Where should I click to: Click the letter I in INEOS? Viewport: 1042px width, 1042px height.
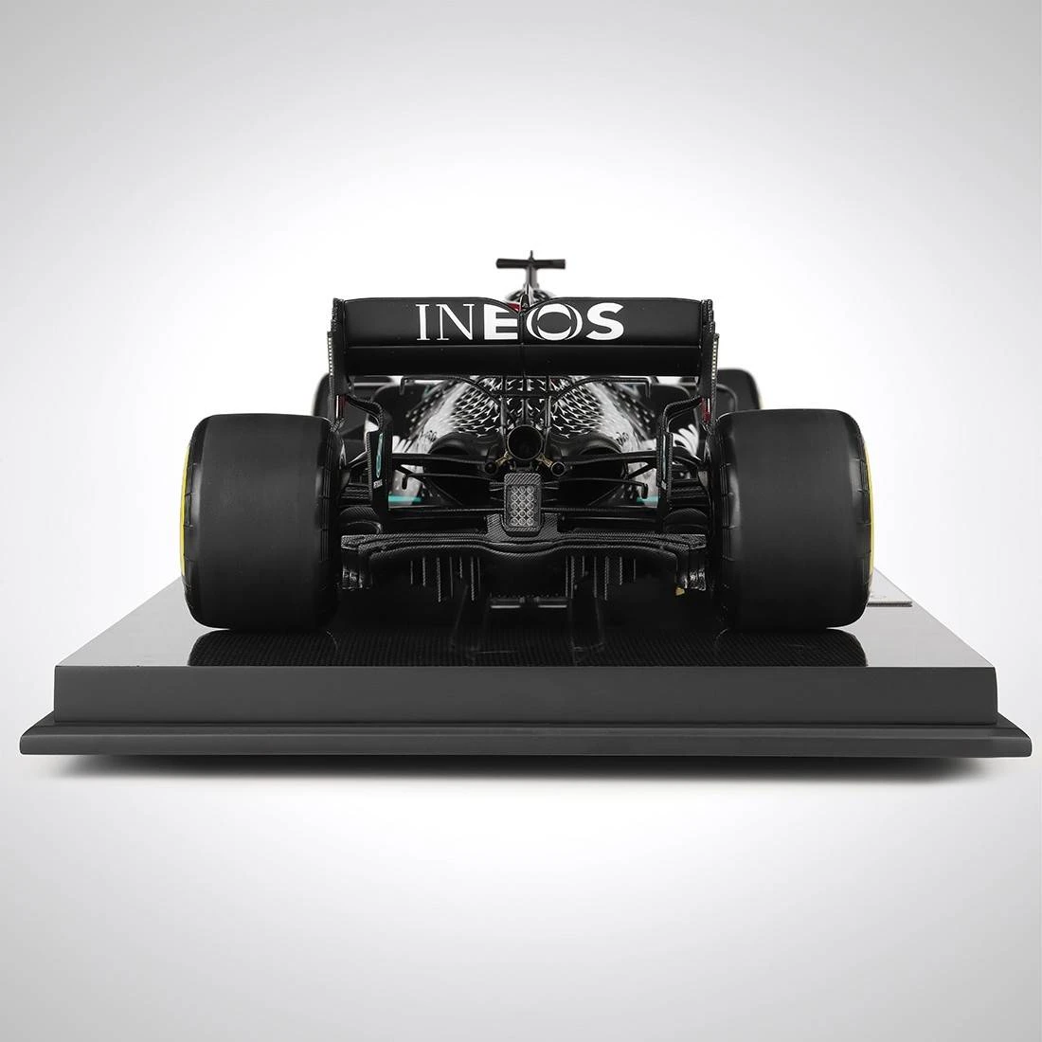point(423,322)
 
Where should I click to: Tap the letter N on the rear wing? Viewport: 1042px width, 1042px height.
point(457,322)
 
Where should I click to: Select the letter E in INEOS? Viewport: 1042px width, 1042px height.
point(502,322)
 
